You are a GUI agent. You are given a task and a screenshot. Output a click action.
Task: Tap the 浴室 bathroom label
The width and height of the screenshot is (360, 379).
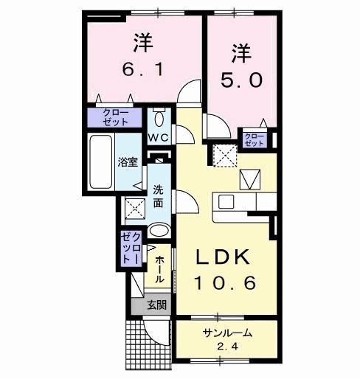coord(128,162)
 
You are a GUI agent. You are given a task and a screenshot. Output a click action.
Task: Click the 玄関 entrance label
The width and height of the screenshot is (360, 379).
coord(155,304)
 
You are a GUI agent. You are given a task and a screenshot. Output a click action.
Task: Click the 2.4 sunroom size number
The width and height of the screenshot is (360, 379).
coord(228,346)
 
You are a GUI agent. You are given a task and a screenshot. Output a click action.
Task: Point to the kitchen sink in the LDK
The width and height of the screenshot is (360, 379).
coord(226,201)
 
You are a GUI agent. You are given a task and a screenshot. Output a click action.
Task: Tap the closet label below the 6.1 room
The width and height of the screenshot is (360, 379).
coord(117,117)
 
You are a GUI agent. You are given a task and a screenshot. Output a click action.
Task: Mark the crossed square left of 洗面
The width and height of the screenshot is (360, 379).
coord(134,209)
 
